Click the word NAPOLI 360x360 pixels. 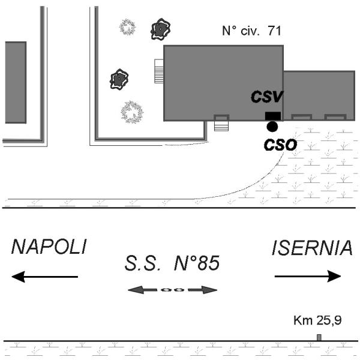coord(49,247)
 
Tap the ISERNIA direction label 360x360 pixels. coord(311,248)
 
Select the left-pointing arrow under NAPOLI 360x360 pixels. coord(45,277)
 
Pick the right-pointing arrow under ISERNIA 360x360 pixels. coord(308,276)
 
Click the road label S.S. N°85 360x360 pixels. coord(173,263)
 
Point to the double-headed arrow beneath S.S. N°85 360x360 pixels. coord(173,290)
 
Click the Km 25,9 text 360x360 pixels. coord(318,321)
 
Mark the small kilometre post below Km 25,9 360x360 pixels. coord(319,337)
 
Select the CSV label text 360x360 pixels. coord(267,97)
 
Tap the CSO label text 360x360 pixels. coord(280,144)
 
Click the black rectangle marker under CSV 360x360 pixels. coord(272,116)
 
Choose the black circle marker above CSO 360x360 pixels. coord(272,127)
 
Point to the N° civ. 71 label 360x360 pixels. coord(251,31)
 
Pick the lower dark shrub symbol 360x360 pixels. coord(119,79)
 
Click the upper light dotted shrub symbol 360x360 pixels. coord(127,26)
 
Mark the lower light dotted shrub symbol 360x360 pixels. coord(131,112)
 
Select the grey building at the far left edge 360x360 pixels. coord(14,82)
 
